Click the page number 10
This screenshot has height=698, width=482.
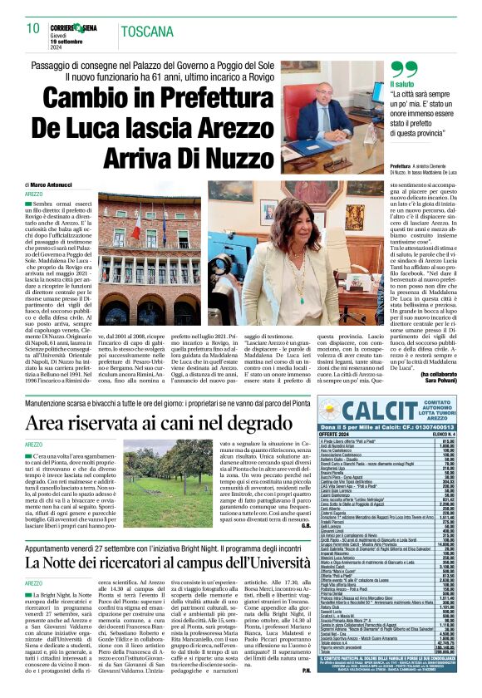point(33,28)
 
